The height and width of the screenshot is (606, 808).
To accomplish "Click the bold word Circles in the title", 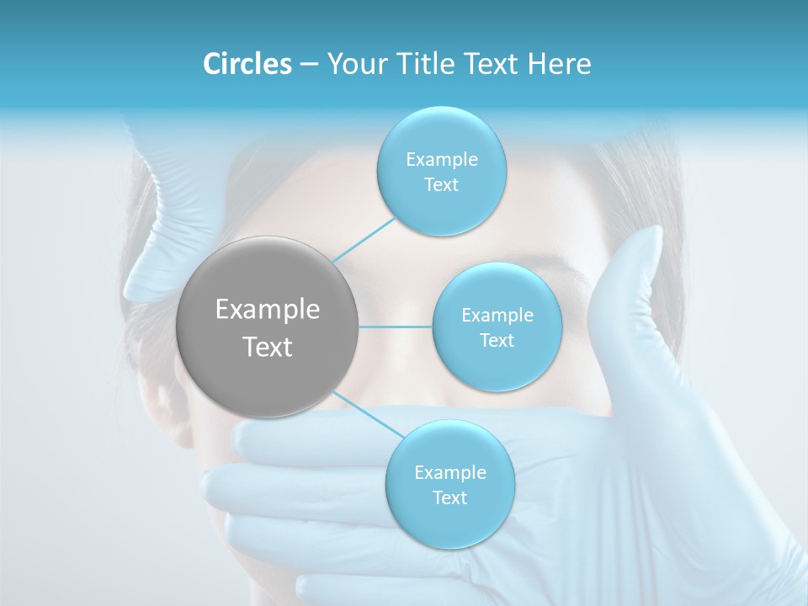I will tap(247, 64).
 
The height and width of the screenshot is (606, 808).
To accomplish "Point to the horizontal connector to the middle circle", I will tap(395, 327).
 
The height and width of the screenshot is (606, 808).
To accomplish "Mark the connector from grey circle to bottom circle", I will tap(364, 413).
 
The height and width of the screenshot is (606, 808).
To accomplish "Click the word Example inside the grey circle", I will tap(268, 310).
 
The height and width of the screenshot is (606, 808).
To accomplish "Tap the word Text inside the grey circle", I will tap(268, 347).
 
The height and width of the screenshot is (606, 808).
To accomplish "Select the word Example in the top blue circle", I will tap(441, 160).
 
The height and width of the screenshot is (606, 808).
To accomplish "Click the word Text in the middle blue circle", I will tap(497, 340).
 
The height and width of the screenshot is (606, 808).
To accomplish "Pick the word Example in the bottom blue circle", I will tap(449, 472).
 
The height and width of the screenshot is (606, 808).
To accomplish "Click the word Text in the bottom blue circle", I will tap(449, 497).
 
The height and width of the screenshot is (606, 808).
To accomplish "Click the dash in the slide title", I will tap(308, 64).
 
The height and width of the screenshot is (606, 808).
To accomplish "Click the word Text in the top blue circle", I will tap(441, 185).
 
